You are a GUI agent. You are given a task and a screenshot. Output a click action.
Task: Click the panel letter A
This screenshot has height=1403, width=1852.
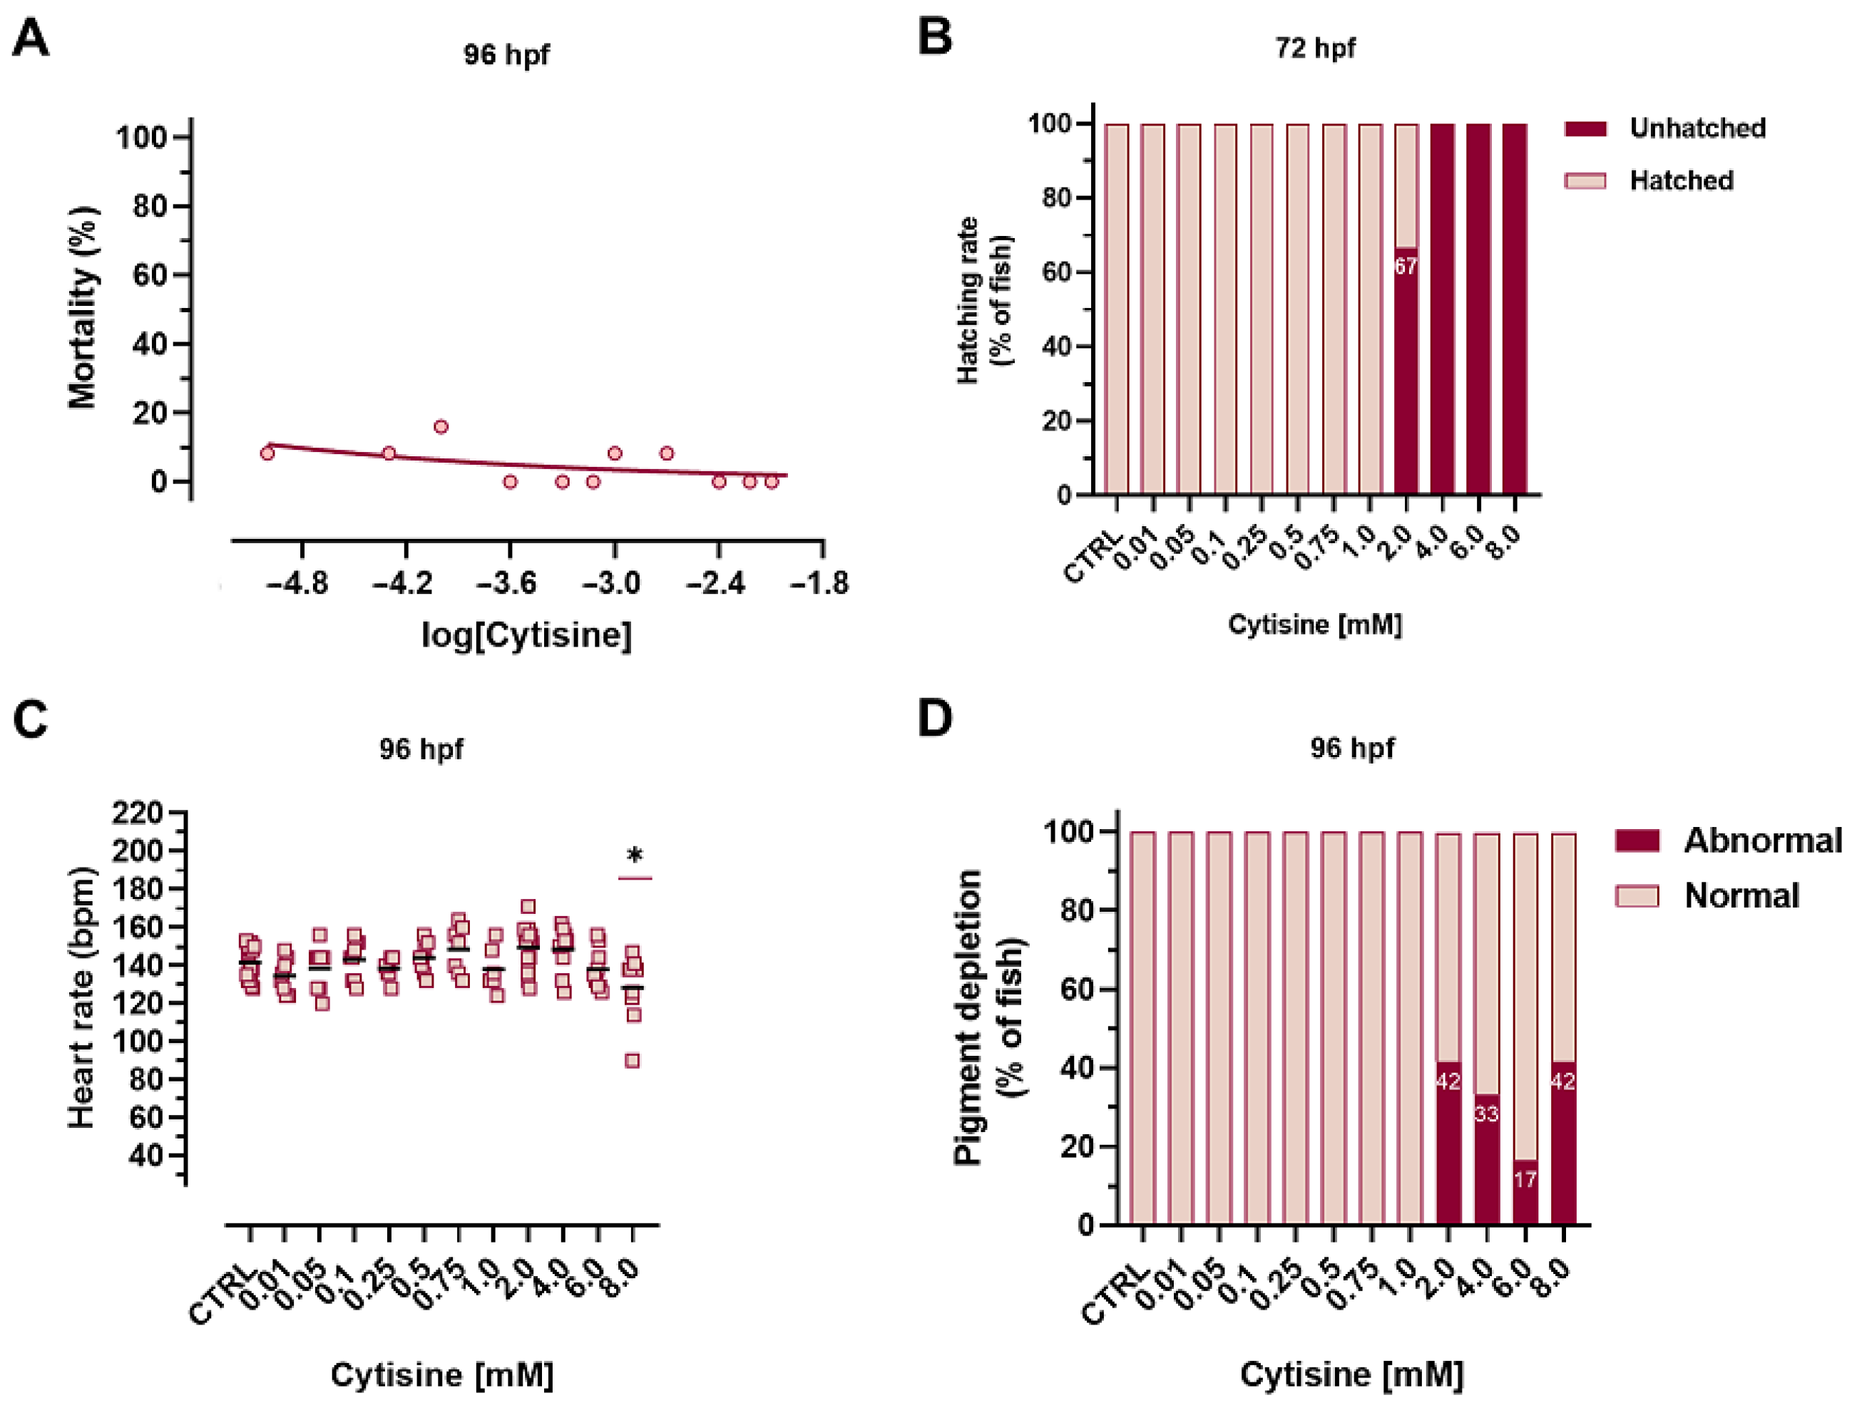click(31, 38)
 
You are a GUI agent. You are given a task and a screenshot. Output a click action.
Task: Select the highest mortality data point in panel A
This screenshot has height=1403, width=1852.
click(441, 427)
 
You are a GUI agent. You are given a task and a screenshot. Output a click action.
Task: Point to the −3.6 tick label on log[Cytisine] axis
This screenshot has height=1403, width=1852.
click(506, 583)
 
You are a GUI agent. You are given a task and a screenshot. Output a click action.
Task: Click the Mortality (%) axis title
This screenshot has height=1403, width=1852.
click(83, 307)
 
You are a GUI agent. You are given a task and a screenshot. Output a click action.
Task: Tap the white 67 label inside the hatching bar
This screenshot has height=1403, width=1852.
click(1406, 266)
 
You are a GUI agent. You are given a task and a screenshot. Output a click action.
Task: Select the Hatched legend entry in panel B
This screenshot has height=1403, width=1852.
click(1649, 180)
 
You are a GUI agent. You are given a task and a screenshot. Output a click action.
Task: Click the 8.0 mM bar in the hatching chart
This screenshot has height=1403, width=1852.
click(1515, 309)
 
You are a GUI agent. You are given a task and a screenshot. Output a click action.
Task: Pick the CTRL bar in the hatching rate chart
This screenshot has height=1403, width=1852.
click(1116, 309)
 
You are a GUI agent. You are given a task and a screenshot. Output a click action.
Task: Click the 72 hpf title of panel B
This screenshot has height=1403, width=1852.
click(1315, 48)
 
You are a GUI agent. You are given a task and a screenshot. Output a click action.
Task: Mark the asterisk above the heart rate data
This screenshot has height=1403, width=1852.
click(635, 856)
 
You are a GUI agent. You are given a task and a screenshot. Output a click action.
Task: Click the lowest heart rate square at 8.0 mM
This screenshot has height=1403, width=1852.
click(633, 1061)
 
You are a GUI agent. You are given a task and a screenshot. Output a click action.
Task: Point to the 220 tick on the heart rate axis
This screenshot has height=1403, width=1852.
click(138, 813)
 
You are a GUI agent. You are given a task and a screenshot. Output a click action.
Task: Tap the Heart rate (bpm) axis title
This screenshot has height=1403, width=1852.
click(82, 998)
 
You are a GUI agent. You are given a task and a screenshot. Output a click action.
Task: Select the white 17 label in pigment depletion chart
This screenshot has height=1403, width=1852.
click(1525, 1179)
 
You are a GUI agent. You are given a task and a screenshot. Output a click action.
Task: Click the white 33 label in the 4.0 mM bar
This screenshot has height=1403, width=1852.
click(1486, 1114)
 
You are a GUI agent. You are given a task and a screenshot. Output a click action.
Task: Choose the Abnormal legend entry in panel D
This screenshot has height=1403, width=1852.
click(1729, 841)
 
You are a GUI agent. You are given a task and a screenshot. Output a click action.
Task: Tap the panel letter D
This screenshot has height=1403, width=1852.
click(935, 718)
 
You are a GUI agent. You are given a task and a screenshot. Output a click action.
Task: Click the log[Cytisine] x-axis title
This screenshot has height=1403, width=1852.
click(526, 635)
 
